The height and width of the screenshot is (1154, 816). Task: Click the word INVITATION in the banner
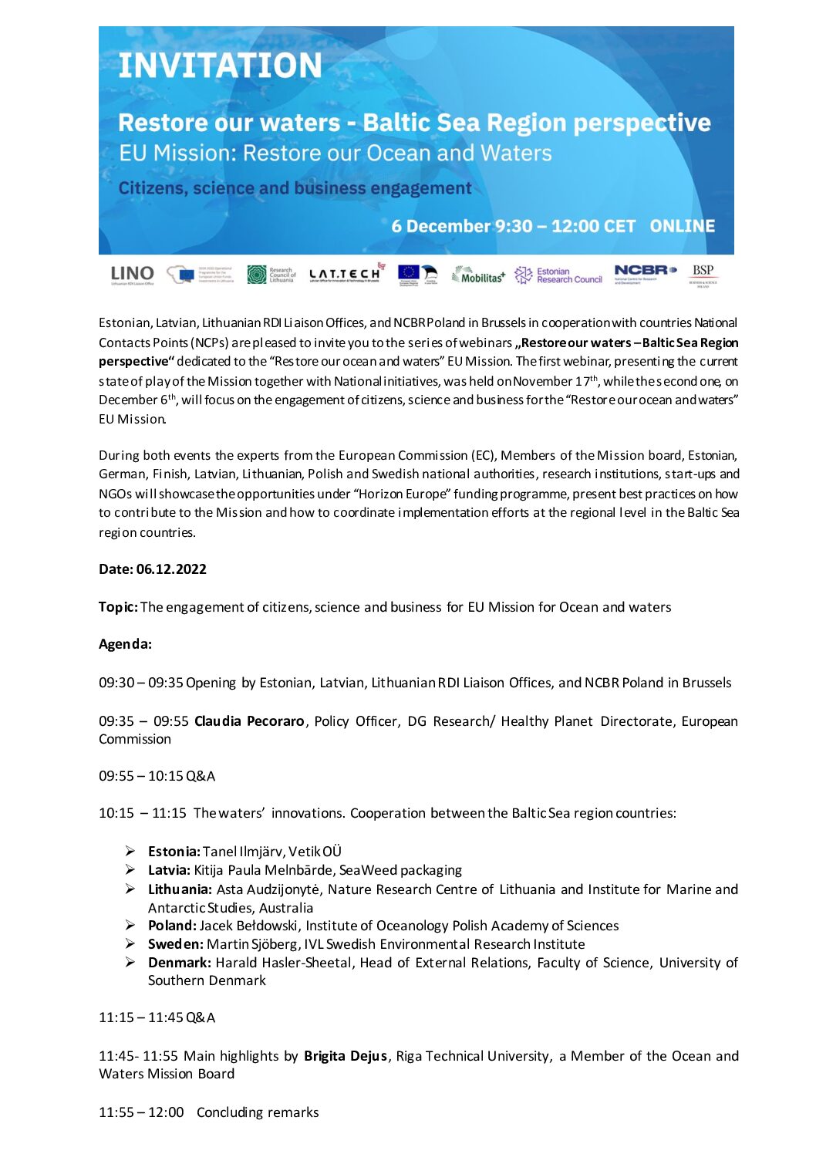point(220,66)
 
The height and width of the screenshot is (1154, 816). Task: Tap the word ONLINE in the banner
point(682,226)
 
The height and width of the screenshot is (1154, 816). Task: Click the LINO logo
point(132,275)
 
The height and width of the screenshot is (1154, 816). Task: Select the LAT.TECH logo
point(345,275)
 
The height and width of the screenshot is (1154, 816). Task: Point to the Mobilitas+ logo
point(479,275)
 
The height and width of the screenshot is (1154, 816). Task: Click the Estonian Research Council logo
point(559,275)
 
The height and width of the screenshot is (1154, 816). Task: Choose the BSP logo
point(703,274)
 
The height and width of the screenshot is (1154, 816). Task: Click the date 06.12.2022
point(171,569)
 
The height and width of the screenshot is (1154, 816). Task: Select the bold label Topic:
point(118,607)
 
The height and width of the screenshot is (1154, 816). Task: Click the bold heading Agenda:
point(125,644)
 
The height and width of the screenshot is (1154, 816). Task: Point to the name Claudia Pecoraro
point(249,721)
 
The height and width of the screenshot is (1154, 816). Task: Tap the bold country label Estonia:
point(174,852)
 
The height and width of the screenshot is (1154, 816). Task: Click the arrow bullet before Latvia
point(131,870)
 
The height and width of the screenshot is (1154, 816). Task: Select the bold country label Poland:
point(172,926)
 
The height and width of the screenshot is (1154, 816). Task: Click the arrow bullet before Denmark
point(131,963)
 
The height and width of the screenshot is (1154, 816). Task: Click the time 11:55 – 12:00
point(141,1112)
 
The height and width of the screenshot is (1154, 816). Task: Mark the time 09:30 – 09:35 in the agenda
point(140,683)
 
